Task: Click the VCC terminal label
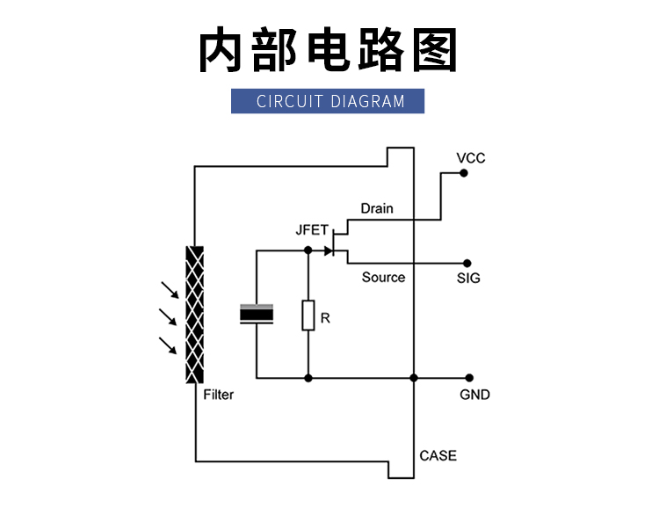point(471,158)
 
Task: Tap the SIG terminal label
point(468,279)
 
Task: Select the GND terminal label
point(474,395)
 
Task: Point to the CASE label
point(438,455)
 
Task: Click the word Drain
point(377,208)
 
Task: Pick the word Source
point(383,277)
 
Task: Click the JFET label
point(311,230)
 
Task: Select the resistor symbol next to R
point(308,315)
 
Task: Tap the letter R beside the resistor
point(325,317)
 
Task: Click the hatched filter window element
point(194,315)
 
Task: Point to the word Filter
point(218,395)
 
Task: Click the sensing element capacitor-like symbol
point(257,315)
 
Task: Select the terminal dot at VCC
point(463,174)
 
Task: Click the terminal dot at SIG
point(467,263)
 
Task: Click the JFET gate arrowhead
point(329,250)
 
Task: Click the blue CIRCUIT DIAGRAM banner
point(328,101)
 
